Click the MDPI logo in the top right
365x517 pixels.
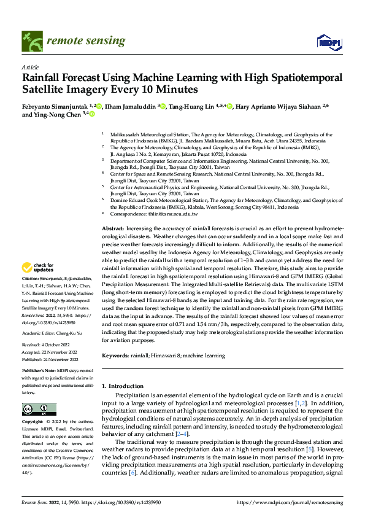[328, 41]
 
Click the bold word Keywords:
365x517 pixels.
[115, 356]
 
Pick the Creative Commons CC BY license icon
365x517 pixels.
[39, 410]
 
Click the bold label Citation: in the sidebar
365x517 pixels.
[31, 279]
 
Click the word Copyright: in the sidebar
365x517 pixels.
[33, 422]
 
